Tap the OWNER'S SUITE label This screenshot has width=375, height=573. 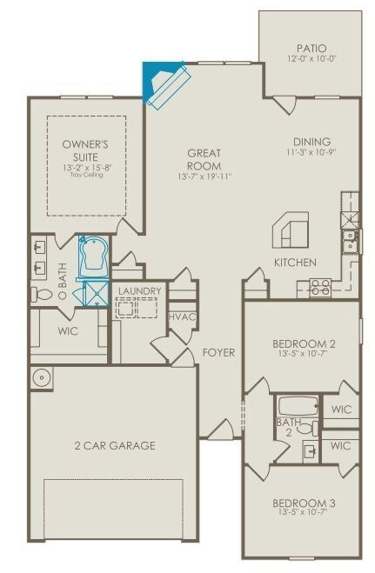[x=84, y=150]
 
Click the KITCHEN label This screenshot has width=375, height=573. [x=295, y=262]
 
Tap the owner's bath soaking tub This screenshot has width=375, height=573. [x=92, y=257]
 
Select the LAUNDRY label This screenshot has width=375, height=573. [x=137, y=290]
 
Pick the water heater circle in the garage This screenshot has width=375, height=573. [x=40, y=377]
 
